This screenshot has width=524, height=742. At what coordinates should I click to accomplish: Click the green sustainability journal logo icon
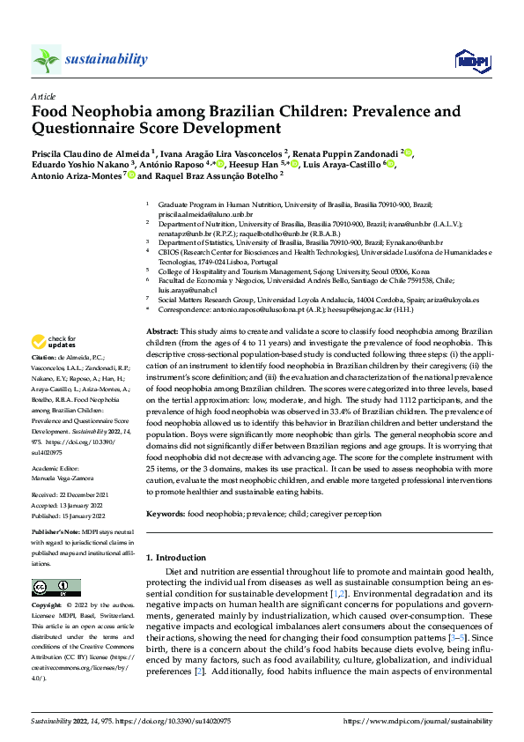(46, 60)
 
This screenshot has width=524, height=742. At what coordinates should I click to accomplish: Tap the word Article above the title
(43, 96)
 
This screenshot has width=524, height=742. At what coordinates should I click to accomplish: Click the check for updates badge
(53, 342)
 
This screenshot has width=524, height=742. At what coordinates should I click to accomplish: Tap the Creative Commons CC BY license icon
(56, 589)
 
